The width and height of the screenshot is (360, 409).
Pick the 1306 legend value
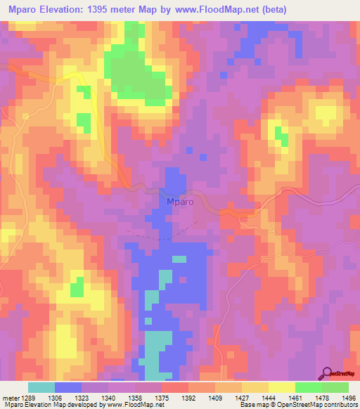tap(67, 396)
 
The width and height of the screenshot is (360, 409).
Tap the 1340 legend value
tap(121, 396)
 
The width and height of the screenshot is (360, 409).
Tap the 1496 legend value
tap(347, 396)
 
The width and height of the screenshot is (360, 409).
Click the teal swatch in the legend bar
tap(41, 387)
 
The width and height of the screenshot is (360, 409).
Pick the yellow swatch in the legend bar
tap(281, 387)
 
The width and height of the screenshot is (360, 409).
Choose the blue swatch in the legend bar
tap(68, 387)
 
